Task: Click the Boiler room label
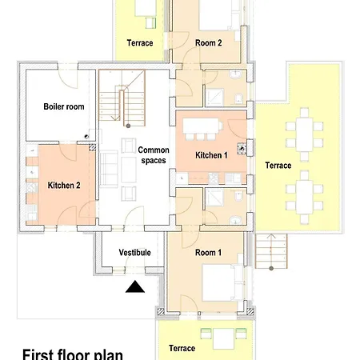64,106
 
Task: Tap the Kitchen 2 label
64,186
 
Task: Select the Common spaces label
154,155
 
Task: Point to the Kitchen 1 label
211,155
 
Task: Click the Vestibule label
134,253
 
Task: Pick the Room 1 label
208,253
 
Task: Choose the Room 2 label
209,42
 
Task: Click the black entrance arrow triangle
135,286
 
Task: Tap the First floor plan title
73,354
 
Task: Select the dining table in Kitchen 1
201,126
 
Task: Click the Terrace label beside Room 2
140,43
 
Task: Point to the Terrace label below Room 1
182,348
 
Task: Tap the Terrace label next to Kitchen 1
278,166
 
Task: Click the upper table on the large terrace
304,134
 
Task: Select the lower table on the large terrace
304,197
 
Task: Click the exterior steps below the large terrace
271,251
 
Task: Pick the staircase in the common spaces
122,98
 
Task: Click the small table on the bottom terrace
223,338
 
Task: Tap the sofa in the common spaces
109,169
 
